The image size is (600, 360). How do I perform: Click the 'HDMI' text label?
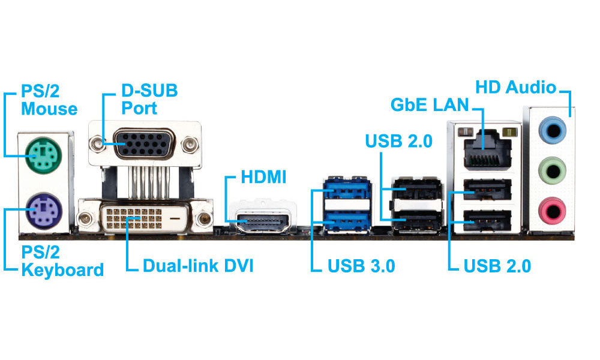pyautogui.click(x=263, y=178)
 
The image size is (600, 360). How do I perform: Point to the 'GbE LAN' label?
pyautogui.click(x=429, y=105)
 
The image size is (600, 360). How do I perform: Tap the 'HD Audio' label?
pyautogui.click(x=515, y=88)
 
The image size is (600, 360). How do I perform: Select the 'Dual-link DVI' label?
pyautogui.click(x=197, y=265)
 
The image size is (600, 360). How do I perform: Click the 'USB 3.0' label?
pyautogui.click(x=361, y=266)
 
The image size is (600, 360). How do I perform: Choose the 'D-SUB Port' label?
pyautogui.click(x=149, y=100)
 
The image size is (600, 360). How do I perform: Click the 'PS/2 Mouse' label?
pyautogui.click(x=49, y=100)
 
